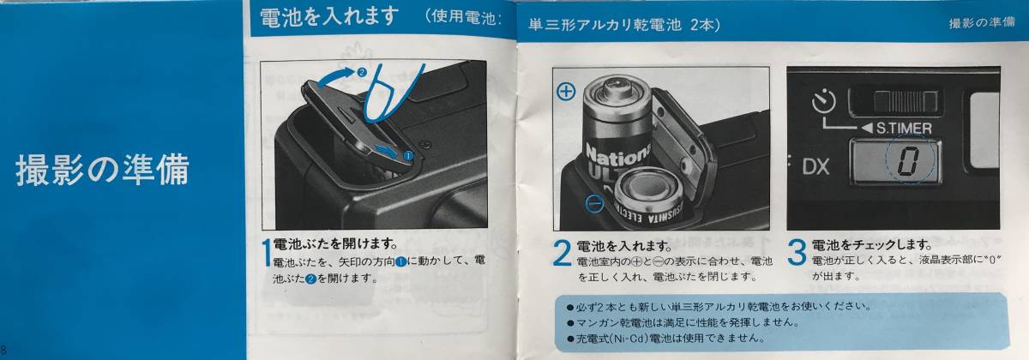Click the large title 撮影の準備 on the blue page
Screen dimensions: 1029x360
[102, 170]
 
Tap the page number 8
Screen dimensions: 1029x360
[3, 349]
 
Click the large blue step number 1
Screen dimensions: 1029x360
[267, 253]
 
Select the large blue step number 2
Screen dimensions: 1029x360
[562, 253]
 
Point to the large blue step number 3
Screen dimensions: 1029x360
[797, 253]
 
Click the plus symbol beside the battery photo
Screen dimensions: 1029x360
[565, 92]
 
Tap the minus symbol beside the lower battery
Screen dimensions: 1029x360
[594, 202]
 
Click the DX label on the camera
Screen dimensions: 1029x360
[815, 166]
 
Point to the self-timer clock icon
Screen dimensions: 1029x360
[824, 101]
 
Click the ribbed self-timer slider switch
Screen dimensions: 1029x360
[906, 101]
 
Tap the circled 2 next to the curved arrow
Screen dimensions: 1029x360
[361, 72]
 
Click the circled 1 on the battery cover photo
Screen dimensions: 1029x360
[408, 156]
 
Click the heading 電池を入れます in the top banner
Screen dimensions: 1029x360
[329, 17]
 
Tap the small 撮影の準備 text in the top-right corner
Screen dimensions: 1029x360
[982, 22]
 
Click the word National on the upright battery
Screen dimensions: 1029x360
[618, 155]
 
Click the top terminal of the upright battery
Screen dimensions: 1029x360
[616, 85]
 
